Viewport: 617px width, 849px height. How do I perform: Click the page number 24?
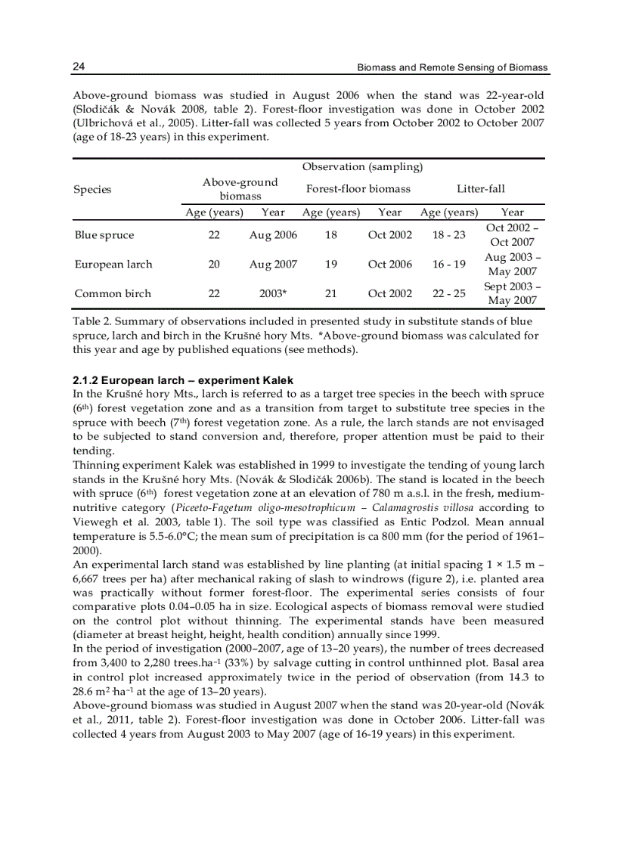pyautogui.click(x=78, y=67)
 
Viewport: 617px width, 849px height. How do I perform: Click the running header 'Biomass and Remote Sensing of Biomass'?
pyautogui.click(x=452, y=68)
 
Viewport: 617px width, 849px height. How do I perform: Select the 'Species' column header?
pyautogui.click(x=92, y=189)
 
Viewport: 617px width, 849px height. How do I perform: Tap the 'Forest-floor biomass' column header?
pyautogui.click(x=358, y=188)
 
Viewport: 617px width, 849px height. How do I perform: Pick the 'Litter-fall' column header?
pyautogui.click(x=481, y=188)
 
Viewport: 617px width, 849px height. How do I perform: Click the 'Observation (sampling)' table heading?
pyautogui.click(x=362, y=166)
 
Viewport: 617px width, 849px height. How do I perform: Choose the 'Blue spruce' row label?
pyautogui.click(x=104, y=235)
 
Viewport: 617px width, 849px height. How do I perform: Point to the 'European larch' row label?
pyautogui.click(x=113, y=264)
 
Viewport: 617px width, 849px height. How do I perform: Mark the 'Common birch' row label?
pyautogui.click(x=113, y=293)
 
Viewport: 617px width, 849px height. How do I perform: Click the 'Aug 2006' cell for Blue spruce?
pyautogui.click(x=273, y=235)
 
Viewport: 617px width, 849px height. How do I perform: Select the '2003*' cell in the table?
pyautogui.click(x=273, y=293)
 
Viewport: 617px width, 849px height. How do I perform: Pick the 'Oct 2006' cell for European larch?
pyautogui.click(x=389, y=264)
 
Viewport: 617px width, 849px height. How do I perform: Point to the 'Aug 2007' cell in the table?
pyautogui.click(x=273, y=264)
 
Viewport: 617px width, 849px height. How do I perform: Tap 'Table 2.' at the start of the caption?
pyautogui.click(x=91, y=321)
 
